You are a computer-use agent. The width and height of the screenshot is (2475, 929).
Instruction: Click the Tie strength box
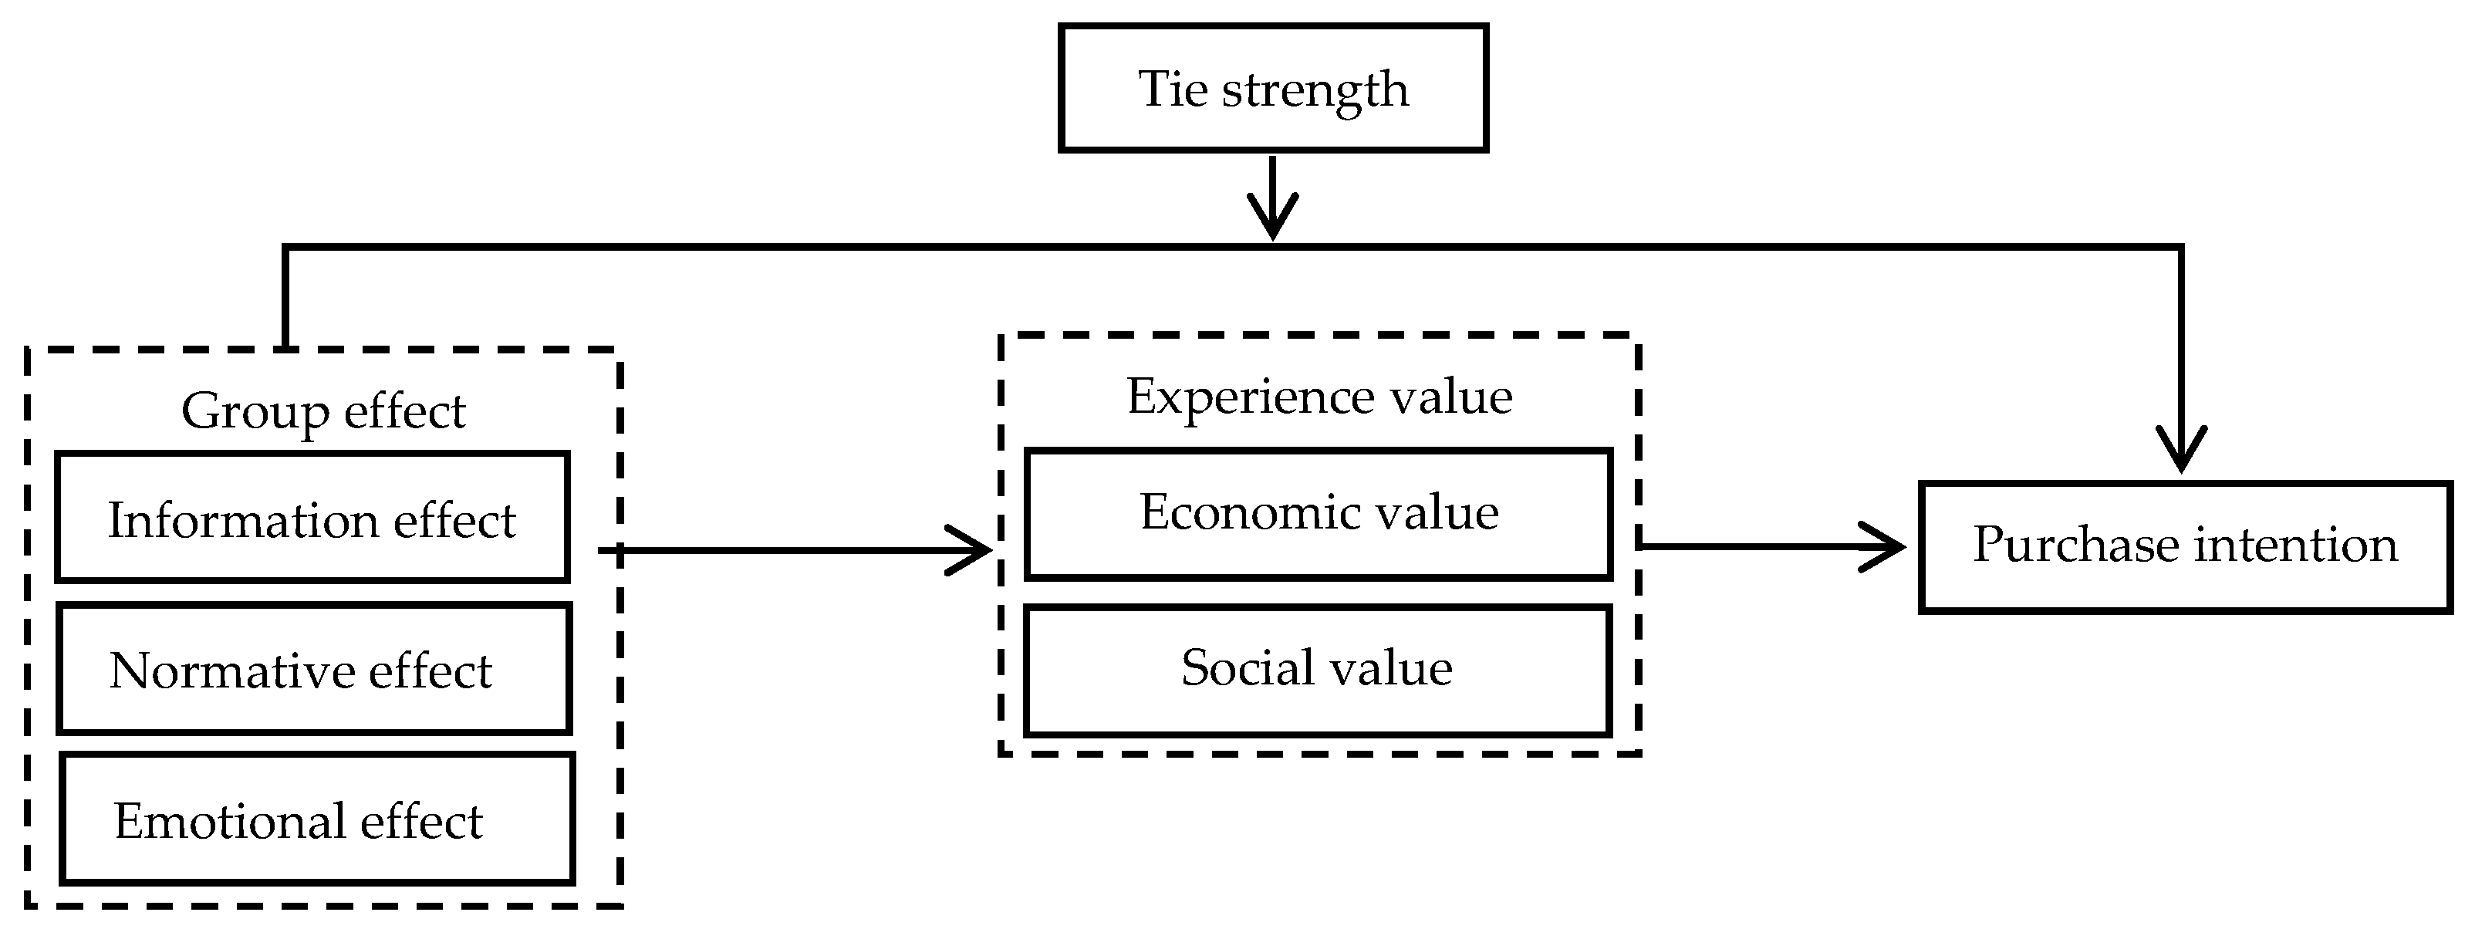1273,89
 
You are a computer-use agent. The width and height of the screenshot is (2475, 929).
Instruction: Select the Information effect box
312,518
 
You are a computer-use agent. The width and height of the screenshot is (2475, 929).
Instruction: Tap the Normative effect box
314,669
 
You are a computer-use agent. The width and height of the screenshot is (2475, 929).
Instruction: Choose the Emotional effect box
317,819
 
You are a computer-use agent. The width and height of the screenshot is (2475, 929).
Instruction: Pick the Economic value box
1319,514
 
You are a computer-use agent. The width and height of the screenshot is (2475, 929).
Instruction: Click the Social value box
1317,670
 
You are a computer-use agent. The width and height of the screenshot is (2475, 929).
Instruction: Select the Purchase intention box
2185,546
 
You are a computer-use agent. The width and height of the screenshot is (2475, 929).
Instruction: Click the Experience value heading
1319,397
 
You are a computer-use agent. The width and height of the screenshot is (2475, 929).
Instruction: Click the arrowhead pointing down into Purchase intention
2181,451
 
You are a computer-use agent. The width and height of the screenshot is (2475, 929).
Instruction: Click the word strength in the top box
1315,90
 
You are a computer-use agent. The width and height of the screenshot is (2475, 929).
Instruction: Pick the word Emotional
230,822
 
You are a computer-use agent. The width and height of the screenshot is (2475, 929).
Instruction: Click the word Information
243,521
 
